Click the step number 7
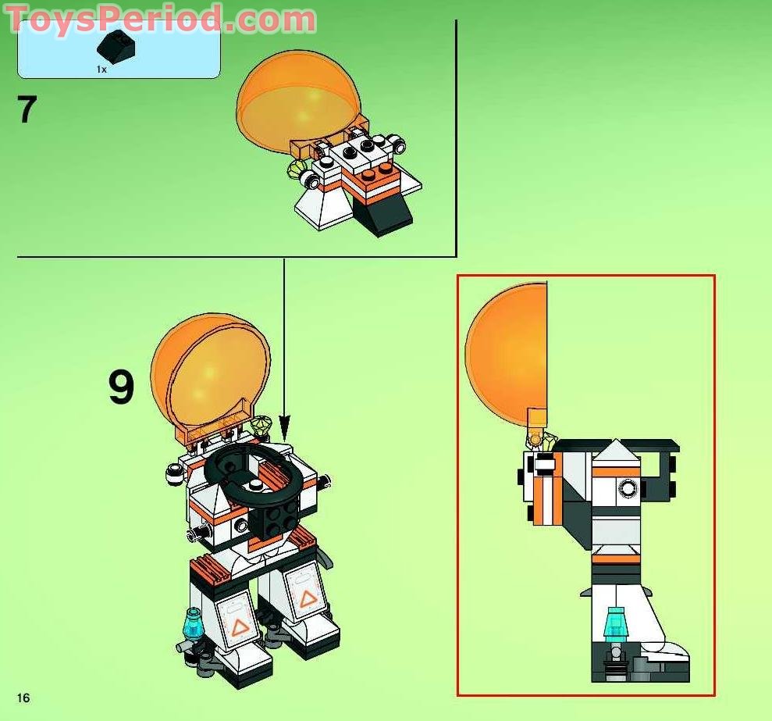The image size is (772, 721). pos(27,110)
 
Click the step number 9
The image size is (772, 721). pos(121,387)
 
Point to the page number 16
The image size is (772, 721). pos(23,697)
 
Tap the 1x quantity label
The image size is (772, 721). pos(101,70)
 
